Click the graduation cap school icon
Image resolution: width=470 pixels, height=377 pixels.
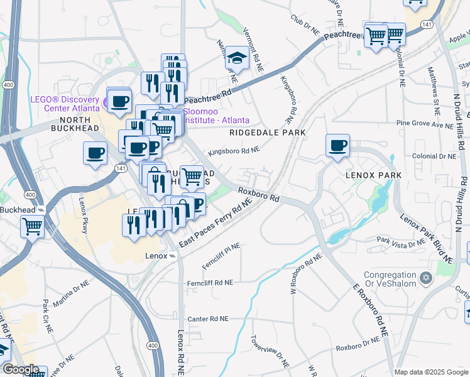click(237, 58)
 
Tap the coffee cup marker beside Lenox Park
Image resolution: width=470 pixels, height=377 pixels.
click(337, 146)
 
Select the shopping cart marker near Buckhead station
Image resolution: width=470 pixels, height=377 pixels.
click(32, 226)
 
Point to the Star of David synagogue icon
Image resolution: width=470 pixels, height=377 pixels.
click(425, 277)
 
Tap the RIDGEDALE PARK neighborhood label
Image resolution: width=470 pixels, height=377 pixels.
click(267, 133)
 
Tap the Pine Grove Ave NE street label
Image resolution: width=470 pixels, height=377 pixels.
click(424, 126)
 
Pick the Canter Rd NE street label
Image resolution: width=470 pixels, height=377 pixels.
click(206, 319)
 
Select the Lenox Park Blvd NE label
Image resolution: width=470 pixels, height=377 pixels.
click(427, 239)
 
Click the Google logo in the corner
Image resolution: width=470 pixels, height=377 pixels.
click(21, 369)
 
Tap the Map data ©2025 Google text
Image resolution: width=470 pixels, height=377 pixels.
click(430, 372)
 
